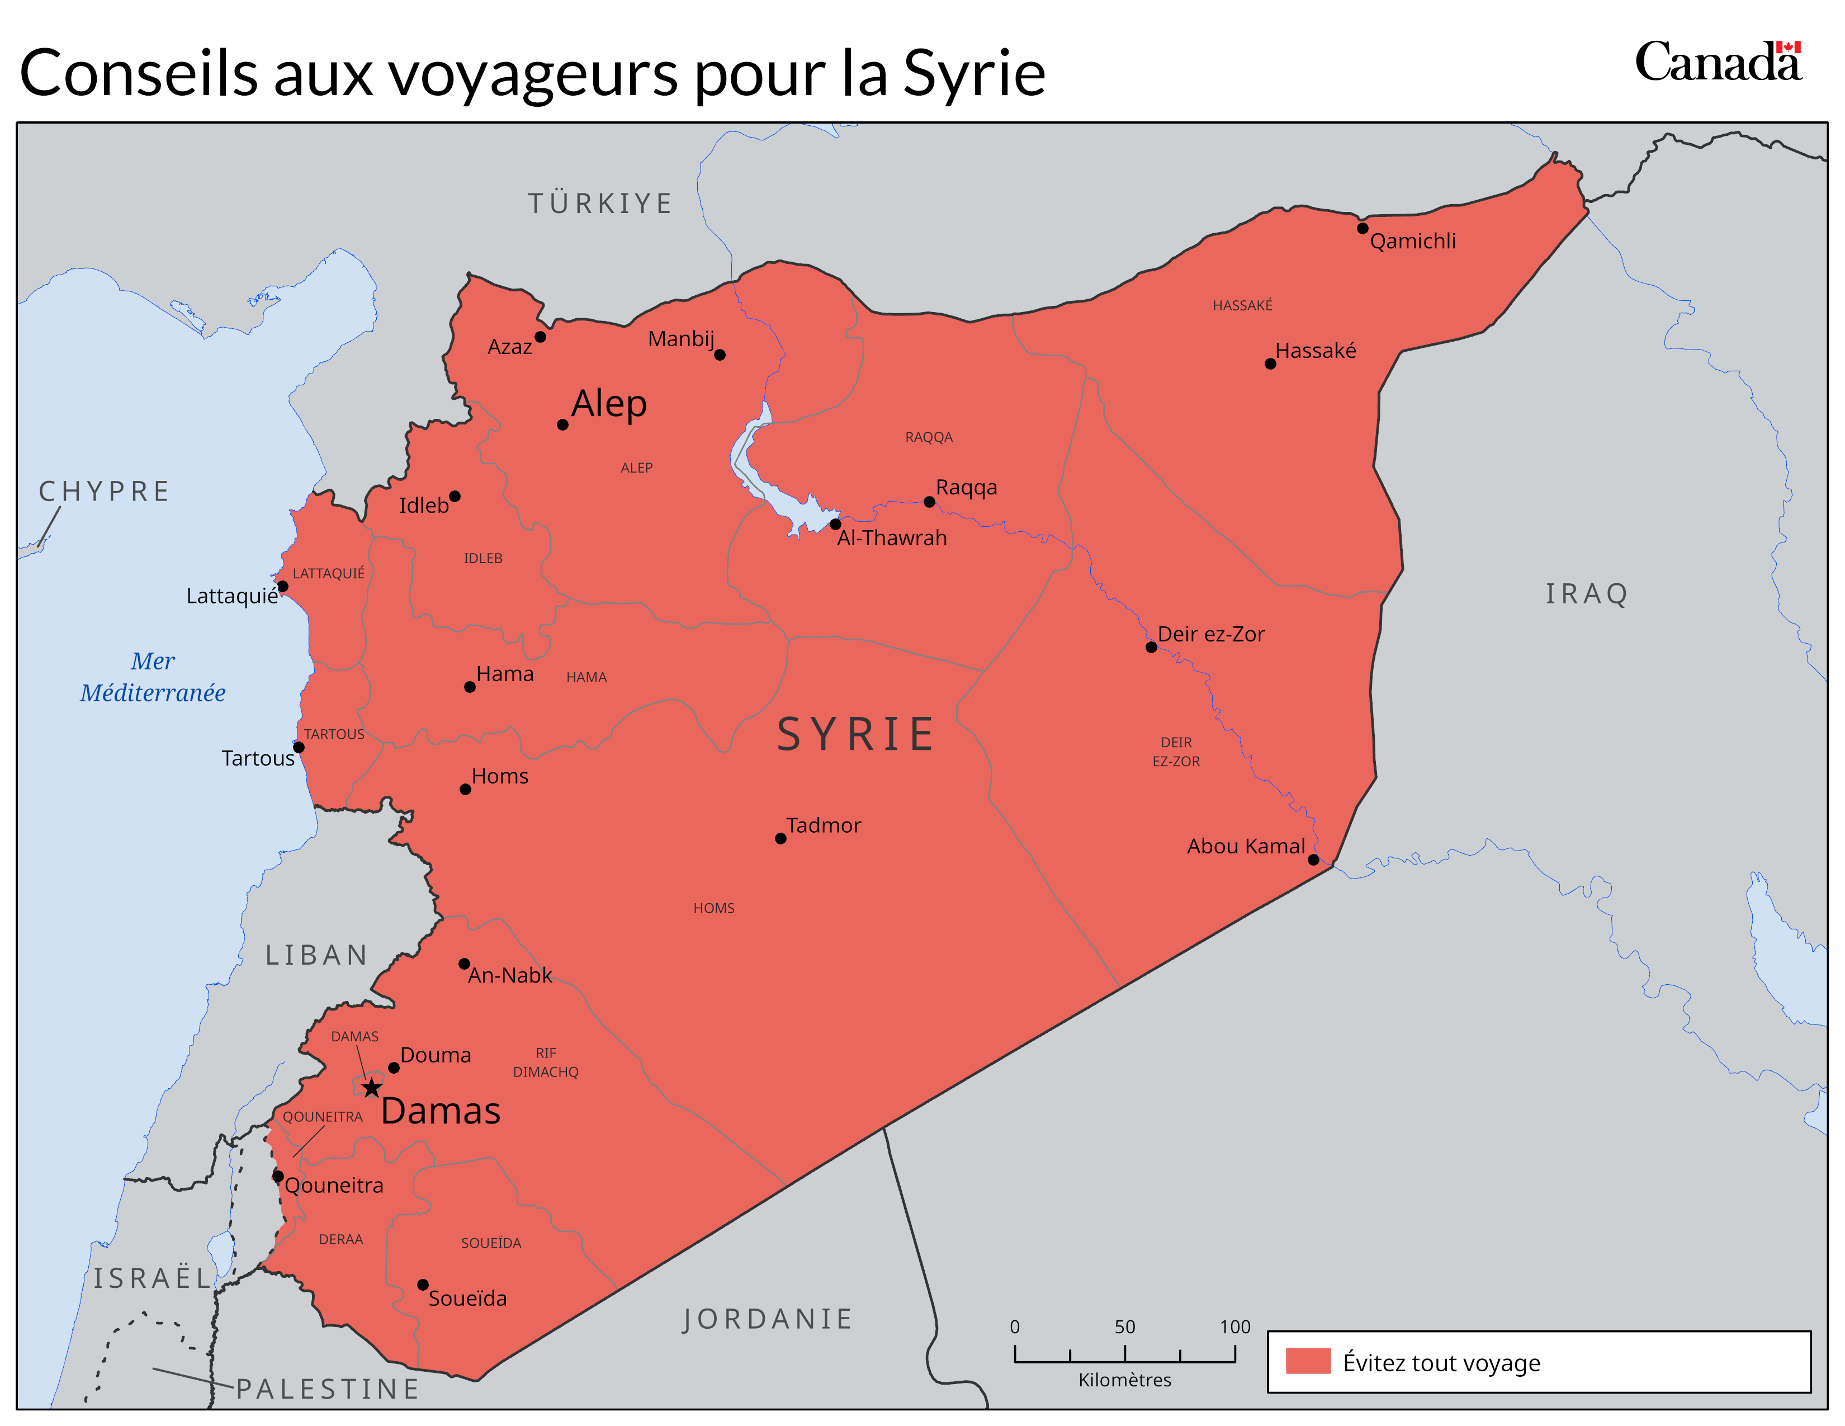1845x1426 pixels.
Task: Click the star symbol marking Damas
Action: (372, 1087)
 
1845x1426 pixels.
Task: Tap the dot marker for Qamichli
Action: (1363, 228)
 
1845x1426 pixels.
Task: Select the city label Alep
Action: (608, 404)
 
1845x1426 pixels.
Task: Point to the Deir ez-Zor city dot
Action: (1151, 647)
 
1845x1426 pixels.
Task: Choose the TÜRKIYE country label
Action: (600, 204)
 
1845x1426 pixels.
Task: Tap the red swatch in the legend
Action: (1308, 1362)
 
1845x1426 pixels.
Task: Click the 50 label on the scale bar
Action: (1124, 1327)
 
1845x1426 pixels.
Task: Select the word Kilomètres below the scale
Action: (1124, 1380)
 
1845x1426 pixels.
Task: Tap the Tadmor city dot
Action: (780, 839)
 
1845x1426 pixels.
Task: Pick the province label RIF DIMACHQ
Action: (546, 1063)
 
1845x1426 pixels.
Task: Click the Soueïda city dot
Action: (422, 1285)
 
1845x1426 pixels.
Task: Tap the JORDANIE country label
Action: (767, 1319)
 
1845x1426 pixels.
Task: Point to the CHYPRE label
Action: (105, 492)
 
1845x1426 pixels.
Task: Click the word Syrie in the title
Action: (974, 73)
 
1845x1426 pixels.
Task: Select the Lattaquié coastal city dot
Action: (283, 586)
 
